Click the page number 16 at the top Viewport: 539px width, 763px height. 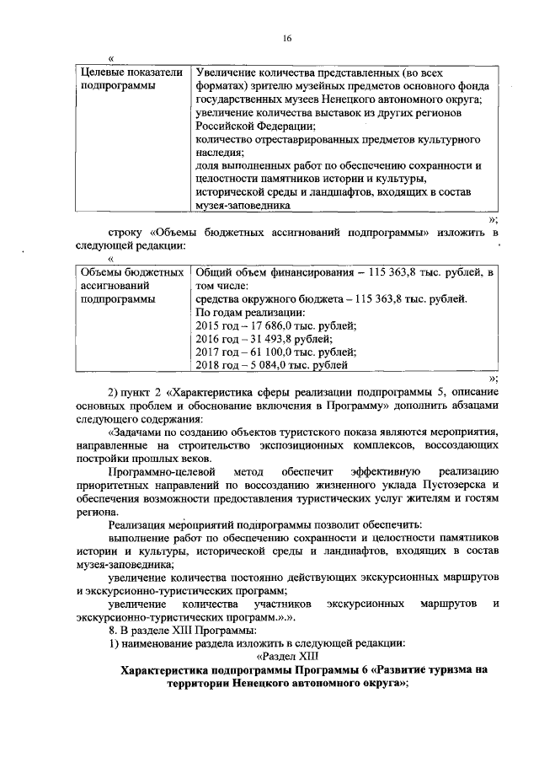coord(286,39)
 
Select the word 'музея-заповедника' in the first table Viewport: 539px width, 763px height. coord(243,204)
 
